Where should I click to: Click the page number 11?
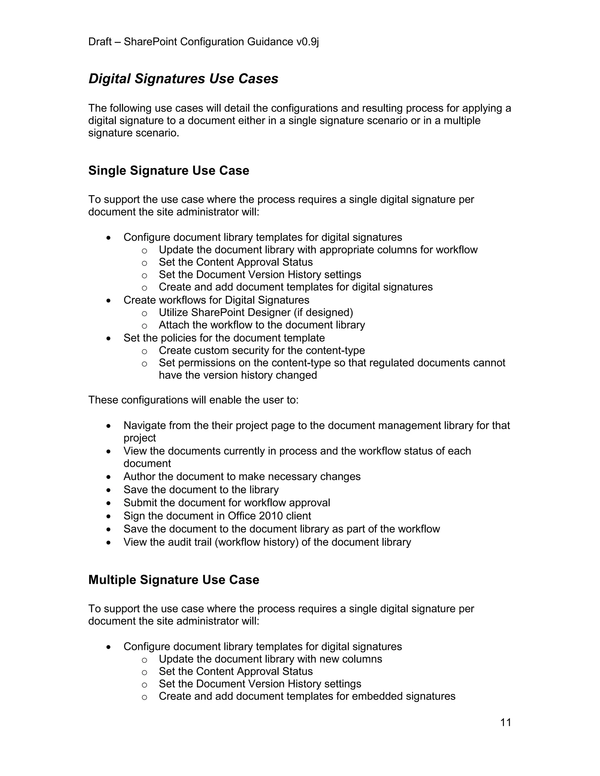point(505,722)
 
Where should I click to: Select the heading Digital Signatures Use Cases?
point(183,78)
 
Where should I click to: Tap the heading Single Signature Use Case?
point(168,170)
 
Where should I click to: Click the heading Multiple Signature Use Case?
point(173,580)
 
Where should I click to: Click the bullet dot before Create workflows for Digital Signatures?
point(109,301)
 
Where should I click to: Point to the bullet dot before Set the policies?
point(109,338)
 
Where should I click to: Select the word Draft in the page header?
point(100,42)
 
